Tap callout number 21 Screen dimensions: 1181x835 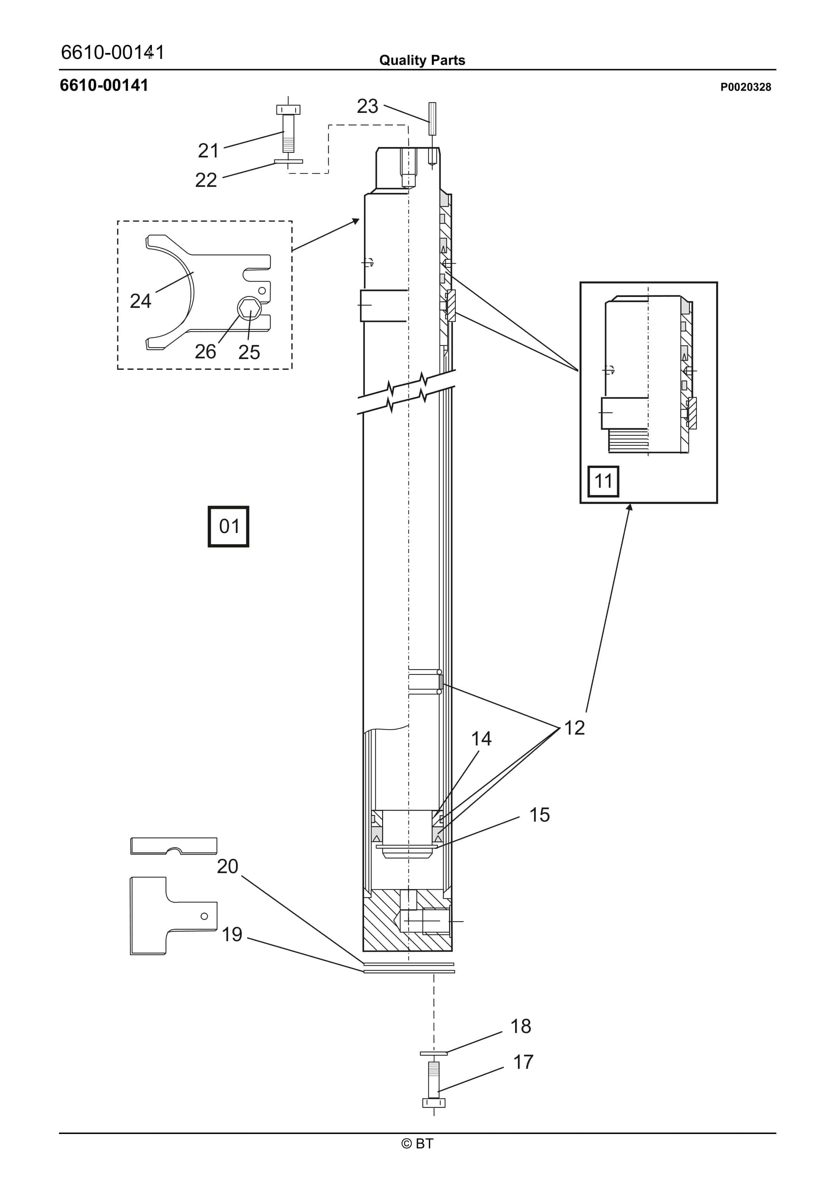click(208, 151)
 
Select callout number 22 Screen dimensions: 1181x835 click(206, 180)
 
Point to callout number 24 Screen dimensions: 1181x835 click(140, 301)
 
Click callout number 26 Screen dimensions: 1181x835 click(205, 352)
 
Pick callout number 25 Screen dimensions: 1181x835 click(249, 352)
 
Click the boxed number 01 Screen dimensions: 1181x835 click(228, 526)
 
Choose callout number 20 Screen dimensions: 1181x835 click(227, 866)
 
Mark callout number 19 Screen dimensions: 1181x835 click(232, 934)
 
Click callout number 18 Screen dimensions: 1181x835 click(520, 1026)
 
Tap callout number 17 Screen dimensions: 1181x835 click(523, 1062)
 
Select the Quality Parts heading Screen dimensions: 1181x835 click(422, 60)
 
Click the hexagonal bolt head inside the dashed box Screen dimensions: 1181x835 click(249, 308)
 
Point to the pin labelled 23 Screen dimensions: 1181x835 click(432, 119)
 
